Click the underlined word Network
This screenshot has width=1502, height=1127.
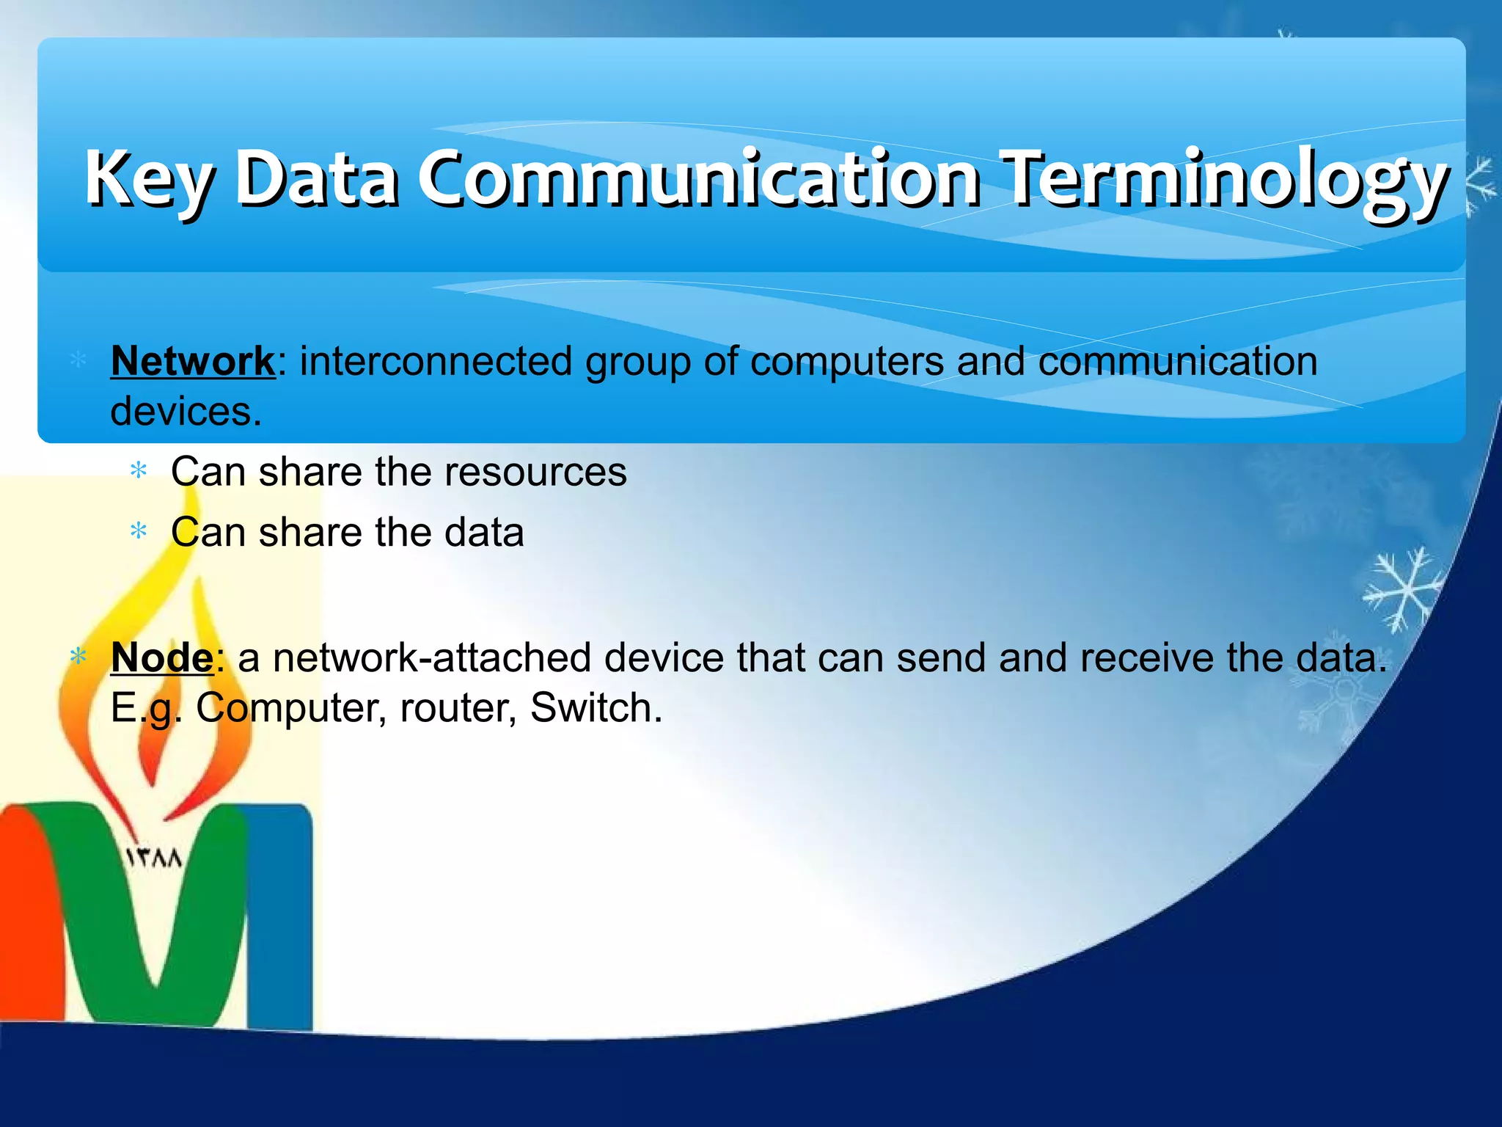click(x=192, y=361)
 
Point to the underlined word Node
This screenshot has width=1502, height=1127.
click(x=161, y=657)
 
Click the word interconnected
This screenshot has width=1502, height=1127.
click(x=436, y=361)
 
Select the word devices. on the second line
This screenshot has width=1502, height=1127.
click(x=186, y=412)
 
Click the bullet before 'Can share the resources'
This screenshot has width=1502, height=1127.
click(x=138, y=471)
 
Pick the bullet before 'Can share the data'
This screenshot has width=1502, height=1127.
click(x=138, y=531)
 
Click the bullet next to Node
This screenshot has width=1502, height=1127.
click(x=78, y=657)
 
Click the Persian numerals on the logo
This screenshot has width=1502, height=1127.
click(x=153, y=858)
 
